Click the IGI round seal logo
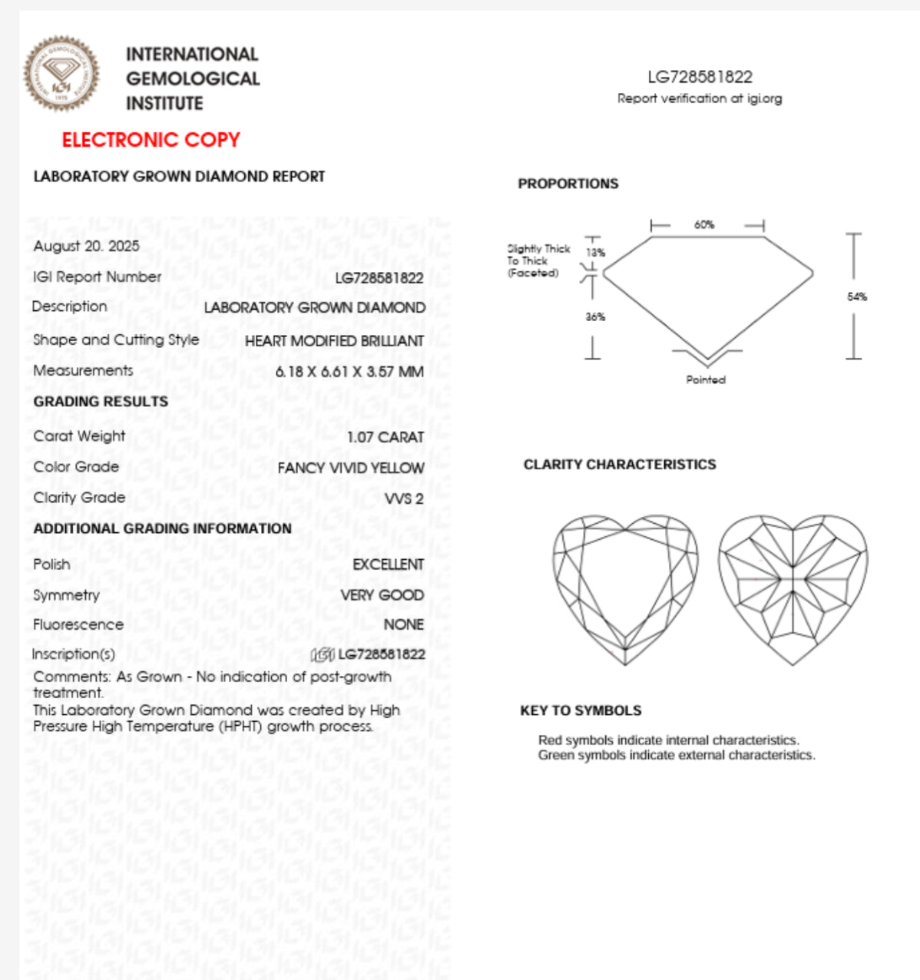(x=61, y=74)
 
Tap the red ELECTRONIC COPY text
(x=151, y=140)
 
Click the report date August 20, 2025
(x=86, y=246)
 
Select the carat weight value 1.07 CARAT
(x=385, y=437)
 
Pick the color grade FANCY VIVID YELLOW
(x=350, y=468)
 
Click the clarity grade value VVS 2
(x=404, y=498)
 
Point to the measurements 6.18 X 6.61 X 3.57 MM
(x=349, y=372)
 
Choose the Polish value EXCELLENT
(x=388, y=564)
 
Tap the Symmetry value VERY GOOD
(x=382, y=595)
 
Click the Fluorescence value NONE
(x=403, y=624)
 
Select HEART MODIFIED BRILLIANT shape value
(x=334, y=341)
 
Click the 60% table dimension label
(x=704, y=225)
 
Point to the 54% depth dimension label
(x=857, y=296)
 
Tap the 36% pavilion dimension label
(x=595, y=316)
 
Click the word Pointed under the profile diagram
(x=706, y=379)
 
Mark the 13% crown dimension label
(x=595, y=253)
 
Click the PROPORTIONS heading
(x=568, y=184)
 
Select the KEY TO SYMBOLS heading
(x=581, y=710)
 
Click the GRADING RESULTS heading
(x=101, y=402)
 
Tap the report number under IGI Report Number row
(x=379, y=278)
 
